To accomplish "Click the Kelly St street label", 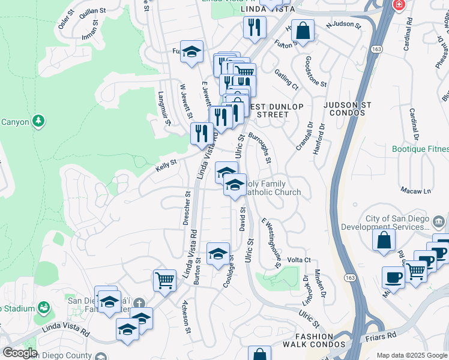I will [x=166, y=162].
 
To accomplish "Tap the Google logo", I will [x=19, y=353].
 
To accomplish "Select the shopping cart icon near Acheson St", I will [x=164, y=279].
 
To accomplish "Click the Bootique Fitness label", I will [x=420, y=149].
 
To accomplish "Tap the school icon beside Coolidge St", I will [x=218, y=253].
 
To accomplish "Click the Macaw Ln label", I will [x=418, y=191].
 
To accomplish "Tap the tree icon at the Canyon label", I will [x=39, y=121].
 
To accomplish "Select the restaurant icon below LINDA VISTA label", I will [x=255, y=27].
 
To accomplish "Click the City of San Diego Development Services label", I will [x=384, y=223].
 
